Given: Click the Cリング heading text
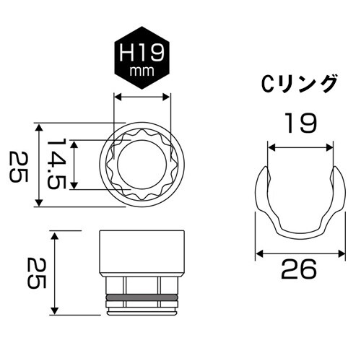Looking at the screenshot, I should click(x=298, y=84).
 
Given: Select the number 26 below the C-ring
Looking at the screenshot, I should click(x=297, y=270).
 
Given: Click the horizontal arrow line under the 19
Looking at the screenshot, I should click(x=302, y=147).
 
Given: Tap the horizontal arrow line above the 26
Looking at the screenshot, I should click(x=297, y=252).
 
